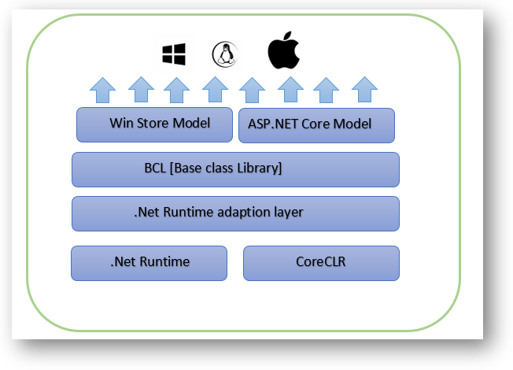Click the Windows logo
(173, 54)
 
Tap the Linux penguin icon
(225, 54)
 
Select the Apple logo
(284, 52)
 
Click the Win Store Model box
(154, 124)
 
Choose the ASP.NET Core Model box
(316, 125)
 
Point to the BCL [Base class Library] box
(235, 169)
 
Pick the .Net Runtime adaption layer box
(235, 213)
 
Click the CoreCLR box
(321, 263)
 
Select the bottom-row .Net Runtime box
(149, 263)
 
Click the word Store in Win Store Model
(149, 124)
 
